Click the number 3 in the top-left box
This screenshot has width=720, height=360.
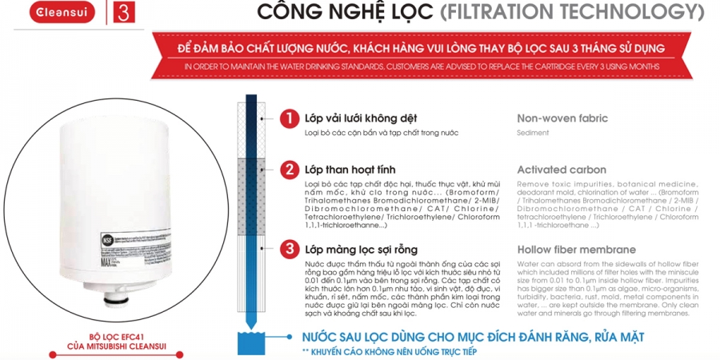[x=122, y=14]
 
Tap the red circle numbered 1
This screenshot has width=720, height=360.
[x=289, y=119]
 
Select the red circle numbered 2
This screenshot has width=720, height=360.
[x=289, y=170]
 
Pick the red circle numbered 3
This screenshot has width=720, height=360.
[x=289, y=250]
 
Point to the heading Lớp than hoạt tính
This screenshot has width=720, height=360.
[x=350, y=170]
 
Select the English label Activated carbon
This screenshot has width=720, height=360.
[x=562, y=170]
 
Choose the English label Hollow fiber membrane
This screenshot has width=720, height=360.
[x=577, y=249]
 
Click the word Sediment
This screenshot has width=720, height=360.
[x=533, y=133]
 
